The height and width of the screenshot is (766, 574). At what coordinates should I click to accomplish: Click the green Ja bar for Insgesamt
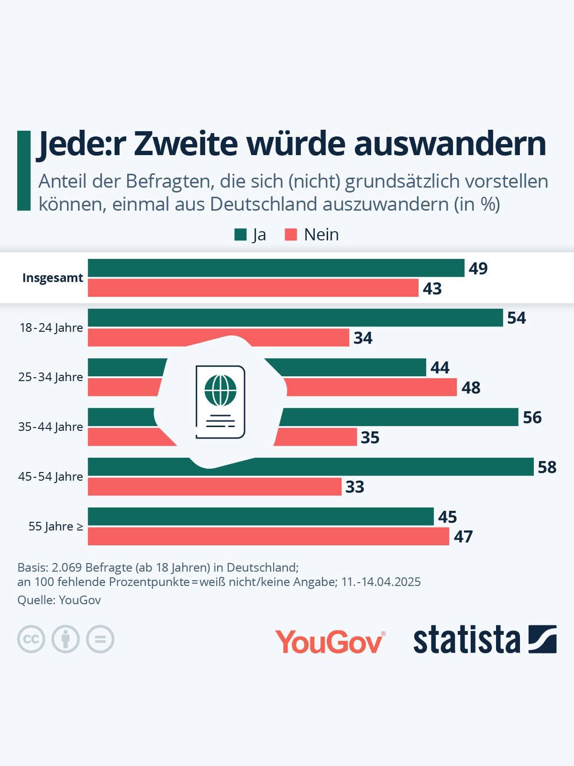tap(276, 268)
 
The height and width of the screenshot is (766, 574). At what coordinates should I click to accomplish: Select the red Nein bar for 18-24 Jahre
tap(219, 338)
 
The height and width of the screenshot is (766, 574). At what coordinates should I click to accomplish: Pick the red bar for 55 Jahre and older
tap(268, 536)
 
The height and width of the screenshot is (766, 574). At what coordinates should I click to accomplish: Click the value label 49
tap(478, 269)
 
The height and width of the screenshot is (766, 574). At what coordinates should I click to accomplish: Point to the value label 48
tap(471, 387)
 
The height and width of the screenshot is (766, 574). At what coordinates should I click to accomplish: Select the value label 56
tap(532, 417)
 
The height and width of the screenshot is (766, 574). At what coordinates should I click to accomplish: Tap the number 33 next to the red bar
tap(355, 487)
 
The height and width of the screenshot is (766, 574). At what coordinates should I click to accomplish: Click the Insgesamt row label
tap(53, 278)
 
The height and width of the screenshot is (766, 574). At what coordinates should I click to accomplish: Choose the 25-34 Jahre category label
tap(51, 377)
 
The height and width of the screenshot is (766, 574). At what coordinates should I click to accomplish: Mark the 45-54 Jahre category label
tap(51, 477)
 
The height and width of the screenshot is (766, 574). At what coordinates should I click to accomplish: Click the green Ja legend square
tap(241, 235)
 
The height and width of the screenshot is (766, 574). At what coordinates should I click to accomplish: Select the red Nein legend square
tap(291, 235)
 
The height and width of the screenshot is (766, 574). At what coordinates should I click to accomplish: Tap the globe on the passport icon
tap(221, 390)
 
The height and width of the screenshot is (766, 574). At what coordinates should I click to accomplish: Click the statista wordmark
tap(466, 640)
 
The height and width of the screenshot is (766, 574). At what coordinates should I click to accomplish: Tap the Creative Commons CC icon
tap(31, 639)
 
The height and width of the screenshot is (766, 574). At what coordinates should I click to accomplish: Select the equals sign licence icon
tap(100, 639)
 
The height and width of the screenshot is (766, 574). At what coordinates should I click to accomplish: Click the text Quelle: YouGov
tap(59, 600)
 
